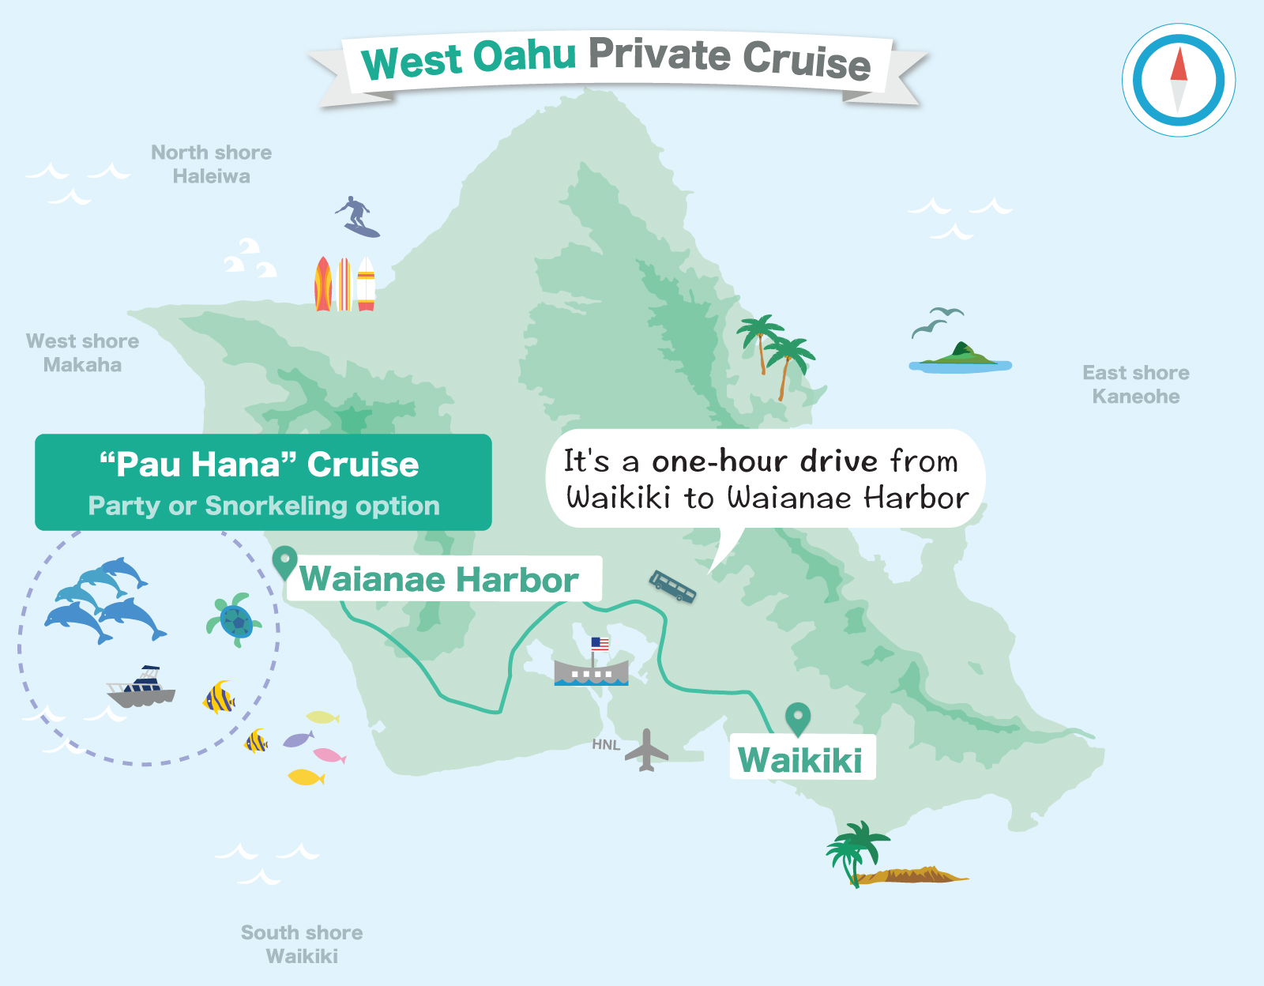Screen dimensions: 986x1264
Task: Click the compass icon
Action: click(x=1178, y=80)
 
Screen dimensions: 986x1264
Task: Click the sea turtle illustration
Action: click(x=235, y=620)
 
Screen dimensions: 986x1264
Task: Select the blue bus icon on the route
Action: click(x=672, y=586)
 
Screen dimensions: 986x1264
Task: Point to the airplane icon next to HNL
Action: click(x=647, y=751)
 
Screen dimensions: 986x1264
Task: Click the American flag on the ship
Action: click(x=600, y=644)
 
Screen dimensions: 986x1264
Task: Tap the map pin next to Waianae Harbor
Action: click(x=284, y=563)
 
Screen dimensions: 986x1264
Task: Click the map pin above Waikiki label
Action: click(x=798, y=718)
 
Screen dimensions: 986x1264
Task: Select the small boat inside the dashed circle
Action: click(x=142, y=687)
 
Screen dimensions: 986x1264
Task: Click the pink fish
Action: click(x=329, y=755)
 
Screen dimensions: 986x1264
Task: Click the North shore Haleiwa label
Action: click(x=211, y=164)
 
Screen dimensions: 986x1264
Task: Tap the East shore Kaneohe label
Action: click(x=1135, y=384)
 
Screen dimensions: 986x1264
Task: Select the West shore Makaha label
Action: click(x=82, y=352)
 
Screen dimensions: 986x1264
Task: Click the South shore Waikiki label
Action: click(x=302, y=944)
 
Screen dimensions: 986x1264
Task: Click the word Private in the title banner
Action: click(x=660, y=55)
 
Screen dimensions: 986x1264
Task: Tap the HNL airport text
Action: click(x=606, y=744)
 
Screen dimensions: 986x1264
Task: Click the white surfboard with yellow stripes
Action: click(x=366, y=284)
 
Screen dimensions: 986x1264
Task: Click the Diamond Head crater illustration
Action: click(x=916, y=875)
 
